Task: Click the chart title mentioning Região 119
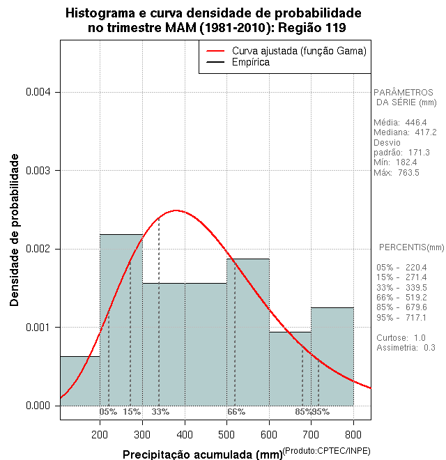tap(213, 20)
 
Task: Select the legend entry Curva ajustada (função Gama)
tap(299, 51)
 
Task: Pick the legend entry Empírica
tap(250, 63)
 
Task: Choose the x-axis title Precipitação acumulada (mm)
tap(203, 454)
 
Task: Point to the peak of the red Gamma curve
tap(176, 210)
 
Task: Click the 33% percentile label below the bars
tap(160, 412)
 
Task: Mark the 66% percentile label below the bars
tap(236, 412)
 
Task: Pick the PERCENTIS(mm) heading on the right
tap(411, 247)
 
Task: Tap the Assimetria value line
tap(405, 347)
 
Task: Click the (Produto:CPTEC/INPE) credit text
tap(327, 450)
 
